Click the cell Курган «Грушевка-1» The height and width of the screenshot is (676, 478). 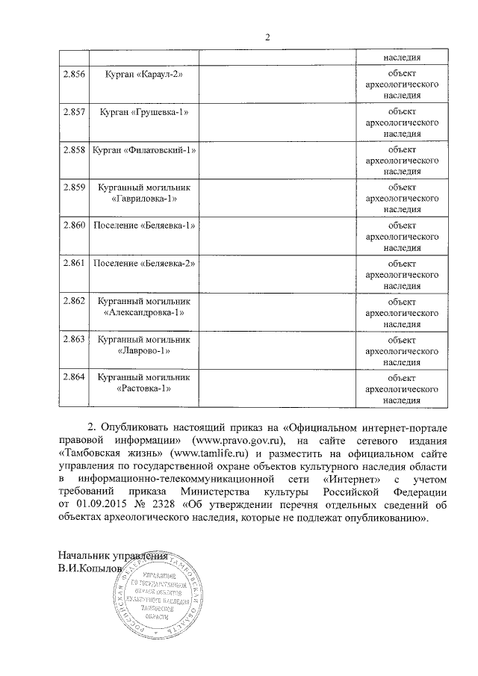click(x=143, y=112)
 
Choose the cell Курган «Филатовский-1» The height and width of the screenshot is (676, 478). click(x=143, y=151)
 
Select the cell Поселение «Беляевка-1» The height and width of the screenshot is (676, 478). click(x=143, y=225)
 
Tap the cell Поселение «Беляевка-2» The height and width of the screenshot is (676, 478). click(x=143, y=264)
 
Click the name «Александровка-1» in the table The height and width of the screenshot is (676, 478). click(x=143, y=313)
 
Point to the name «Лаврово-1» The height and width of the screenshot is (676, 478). click(x=143, y=350)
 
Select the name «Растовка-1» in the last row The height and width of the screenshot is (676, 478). click(x=143, y=389)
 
